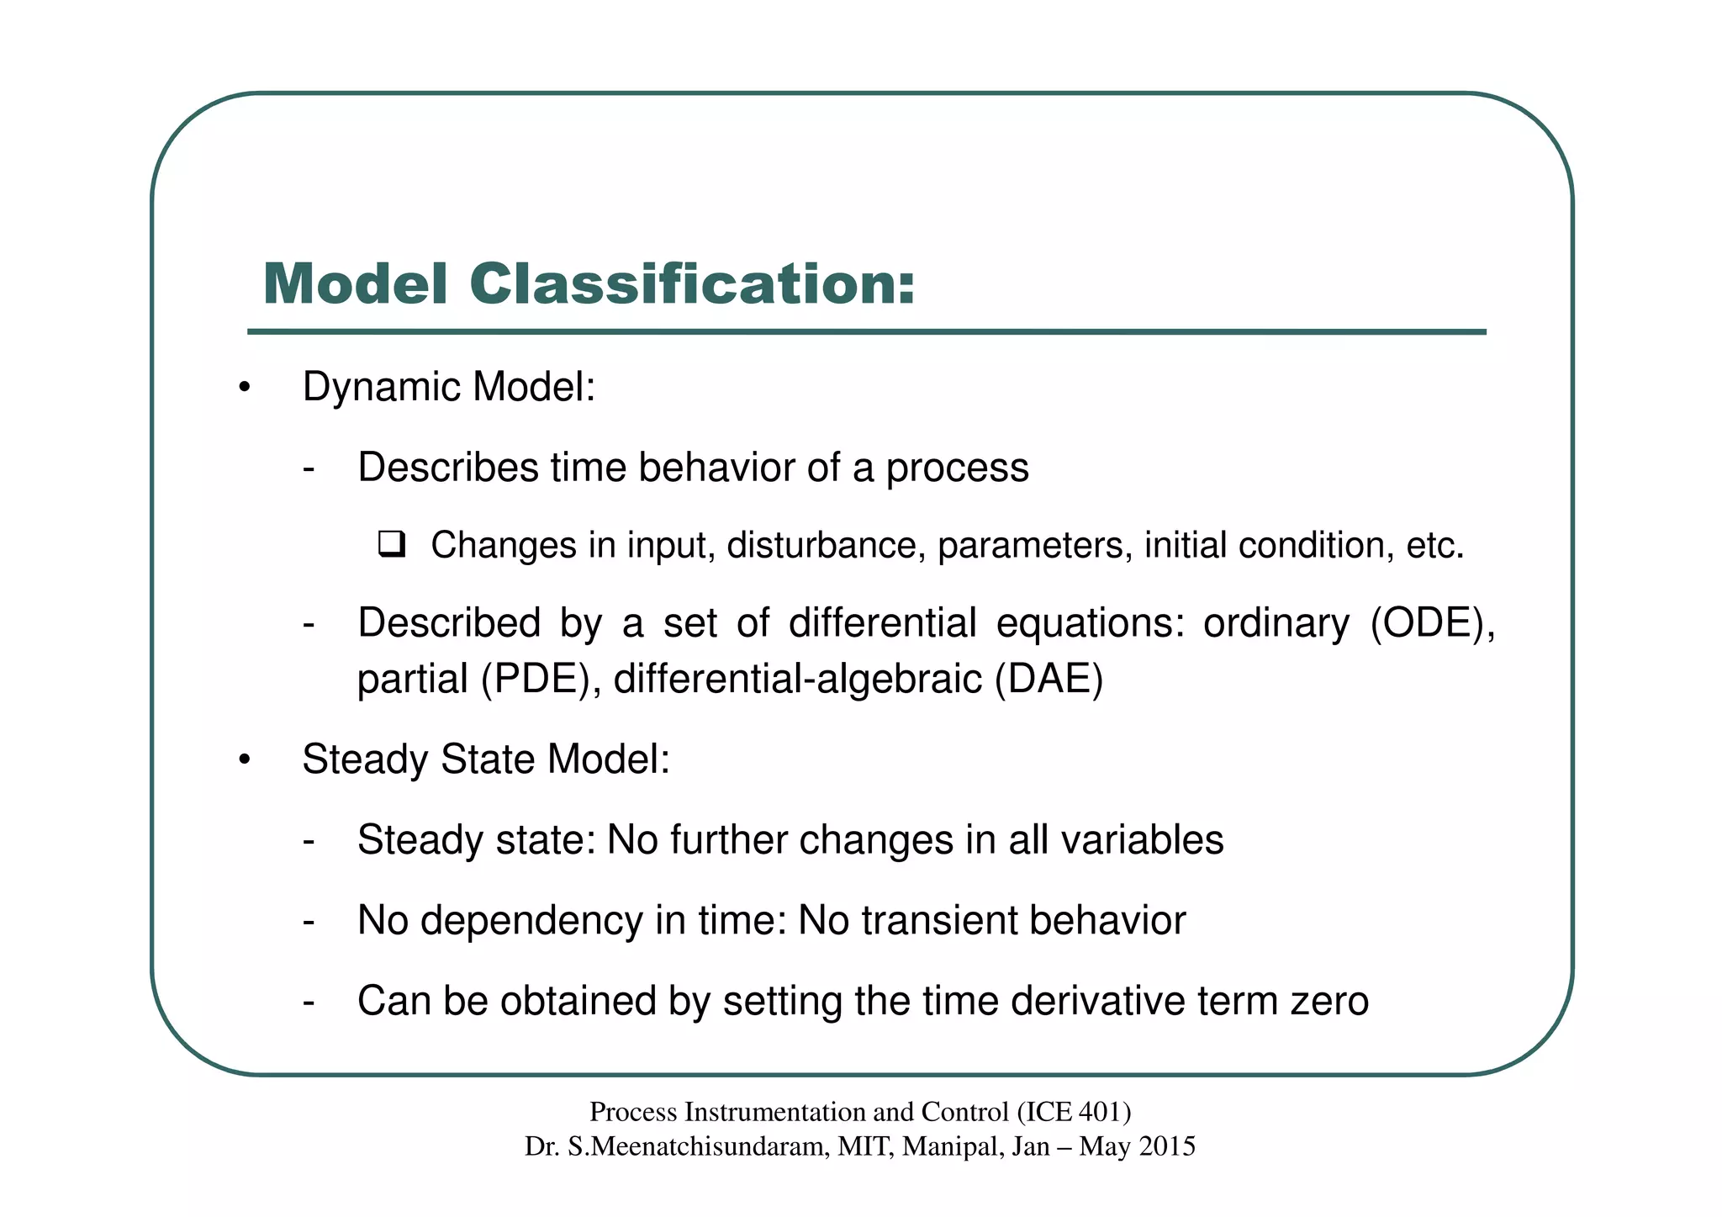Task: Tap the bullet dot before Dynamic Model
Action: (244, 389)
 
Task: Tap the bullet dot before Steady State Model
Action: (244, 760)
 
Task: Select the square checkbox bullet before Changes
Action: (392, 545)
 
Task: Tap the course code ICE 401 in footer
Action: (1074, 1113)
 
